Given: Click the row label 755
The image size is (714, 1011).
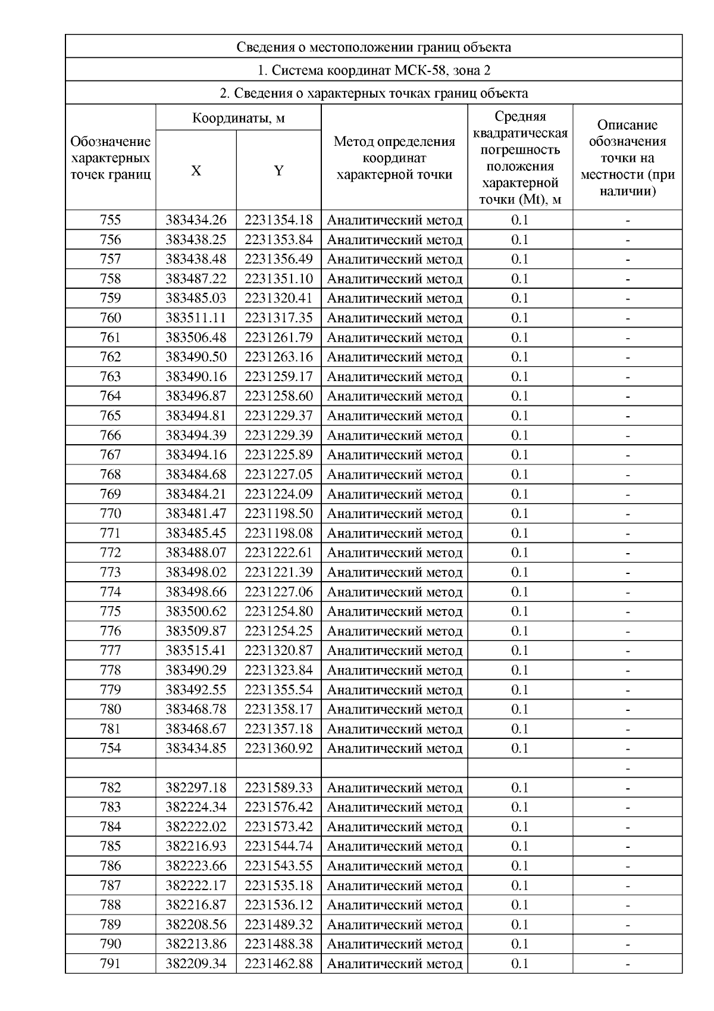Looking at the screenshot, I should [110, 220].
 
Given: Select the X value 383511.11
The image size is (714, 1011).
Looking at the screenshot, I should [196, 318].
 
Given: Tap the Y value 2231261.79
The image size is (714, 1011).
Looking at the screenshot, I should [278, 338].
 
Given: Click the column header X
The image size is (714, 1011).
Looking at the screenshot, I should [196, 171].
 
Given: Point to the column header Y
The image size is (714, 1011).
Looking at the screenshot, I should [278, 171].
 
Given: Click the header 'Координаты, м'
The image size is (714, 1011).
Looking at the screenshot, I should [238, 118].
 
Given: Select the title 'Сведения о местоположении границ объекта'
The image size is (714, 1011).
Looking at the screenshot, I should [373, 47].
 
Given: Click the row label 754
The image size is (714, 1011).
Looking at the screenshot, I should [110, 748].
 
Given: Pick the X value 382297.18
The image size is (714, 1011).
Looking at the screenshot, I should [196, 788].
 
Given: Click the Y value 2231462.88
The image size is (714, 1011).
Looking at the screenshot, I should [278, 963].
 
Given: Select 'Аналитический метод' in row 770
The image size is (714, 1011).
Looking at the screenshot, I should [394, 514].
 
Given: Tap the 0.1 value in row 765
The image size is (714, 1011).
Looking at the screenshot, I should [519, 416].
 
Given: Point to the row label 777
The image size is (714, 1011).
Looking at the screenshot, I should [110, 651].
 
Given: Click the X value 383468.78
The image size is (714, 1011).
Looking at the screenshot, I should [196, 709].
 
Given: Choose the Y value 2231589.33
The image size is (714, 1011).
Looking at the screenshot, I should [278, 788].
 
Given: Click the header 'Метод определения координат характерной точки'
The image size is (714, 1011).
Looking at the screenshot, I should [394, 158].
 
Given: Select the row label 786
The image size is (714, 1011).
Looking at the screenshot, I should [110, 866].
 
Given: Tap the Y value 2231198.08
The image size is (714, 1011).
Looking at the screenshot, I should [278, 533].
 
